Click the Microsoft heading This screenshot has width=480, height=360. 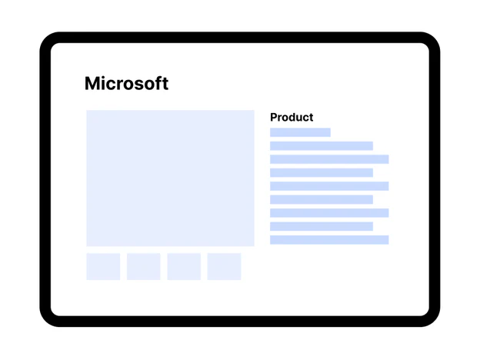[126, 83]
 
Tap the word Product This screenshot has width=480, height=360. [292, 117]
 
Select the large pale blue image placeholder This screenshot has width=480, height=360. [170, 178]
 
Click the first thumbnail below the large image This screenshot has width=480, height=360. [103, 266]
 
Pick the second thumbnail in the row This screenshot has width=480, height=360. [144, 266]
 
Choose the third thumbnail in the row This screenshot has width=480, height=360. [184, 266]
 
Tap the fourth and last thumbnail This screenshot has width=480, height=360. [224, 266]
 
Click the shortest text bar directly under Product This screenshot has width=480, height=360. [300, 132]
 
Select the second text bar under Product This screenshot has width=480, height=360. [322, 145]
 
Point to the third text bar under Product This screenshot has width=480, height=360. [329, 159]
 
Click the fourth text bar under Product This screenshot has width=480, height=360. [322, 172]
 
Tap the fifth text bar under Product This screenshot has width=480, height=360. [329, 186]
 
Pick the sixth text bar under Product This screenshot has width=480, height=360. [322, 199]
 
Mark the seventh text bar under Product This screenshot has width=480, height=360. [329, 213]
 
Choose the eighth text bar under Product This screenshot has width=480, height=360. [322, 226]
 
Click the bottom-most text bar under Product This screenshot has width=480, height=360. [329, 240]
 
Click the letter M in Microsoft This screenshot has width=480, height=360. [92, 84]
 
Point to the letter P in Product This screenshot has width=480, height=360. [273, 117]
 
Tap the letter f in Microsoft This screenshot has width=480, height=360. [159, 83]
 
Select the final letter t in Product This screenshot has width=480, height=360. [311, 118]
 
